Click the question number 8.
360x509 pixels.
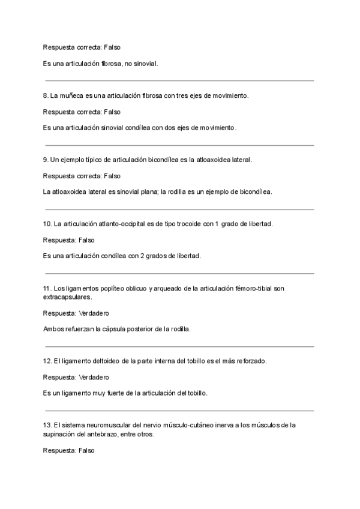46,95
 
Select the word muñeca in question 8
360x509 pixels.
71,95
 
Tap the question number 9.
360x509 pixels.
46,160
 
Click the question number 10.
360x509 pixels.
48,224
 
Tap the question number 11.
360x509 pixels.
48,288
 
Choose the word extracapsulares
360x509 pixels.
68,297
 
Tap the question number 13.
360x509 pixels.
48,426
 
